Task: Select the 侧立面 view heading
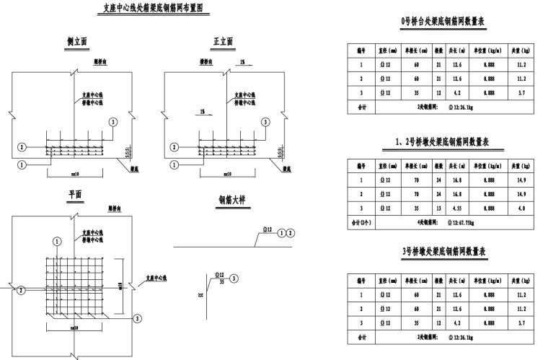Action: [x=76, y=43]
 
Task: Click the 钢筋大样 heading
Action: [x=231, y=201]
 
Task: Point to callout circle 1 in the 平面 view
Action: [x=57, y=241]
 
